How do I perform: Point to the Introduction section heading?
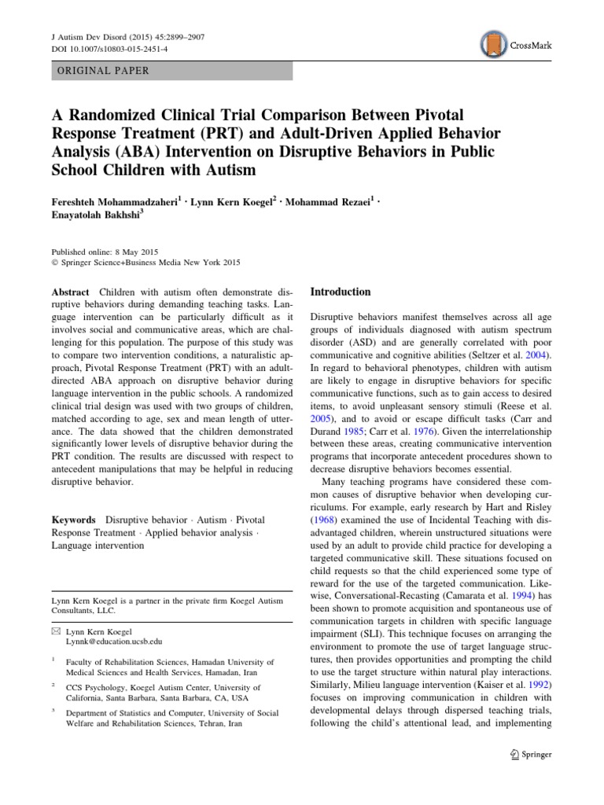(341, 292)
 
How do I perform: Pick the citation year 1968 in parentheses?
(326, 519)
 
